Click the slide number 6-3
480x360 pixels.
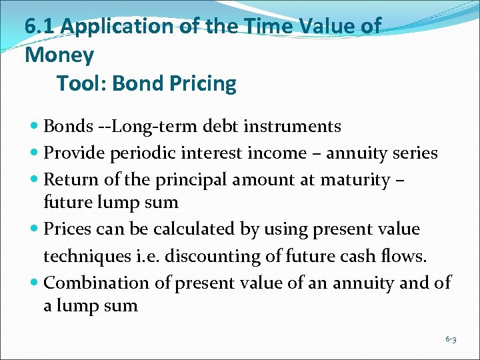[451, 339]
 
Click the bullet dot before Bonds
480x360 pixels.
[35, 127]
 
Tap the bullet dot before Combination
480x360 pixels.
[35, 283]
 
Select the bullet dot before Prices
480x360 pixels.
[35, 229]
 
